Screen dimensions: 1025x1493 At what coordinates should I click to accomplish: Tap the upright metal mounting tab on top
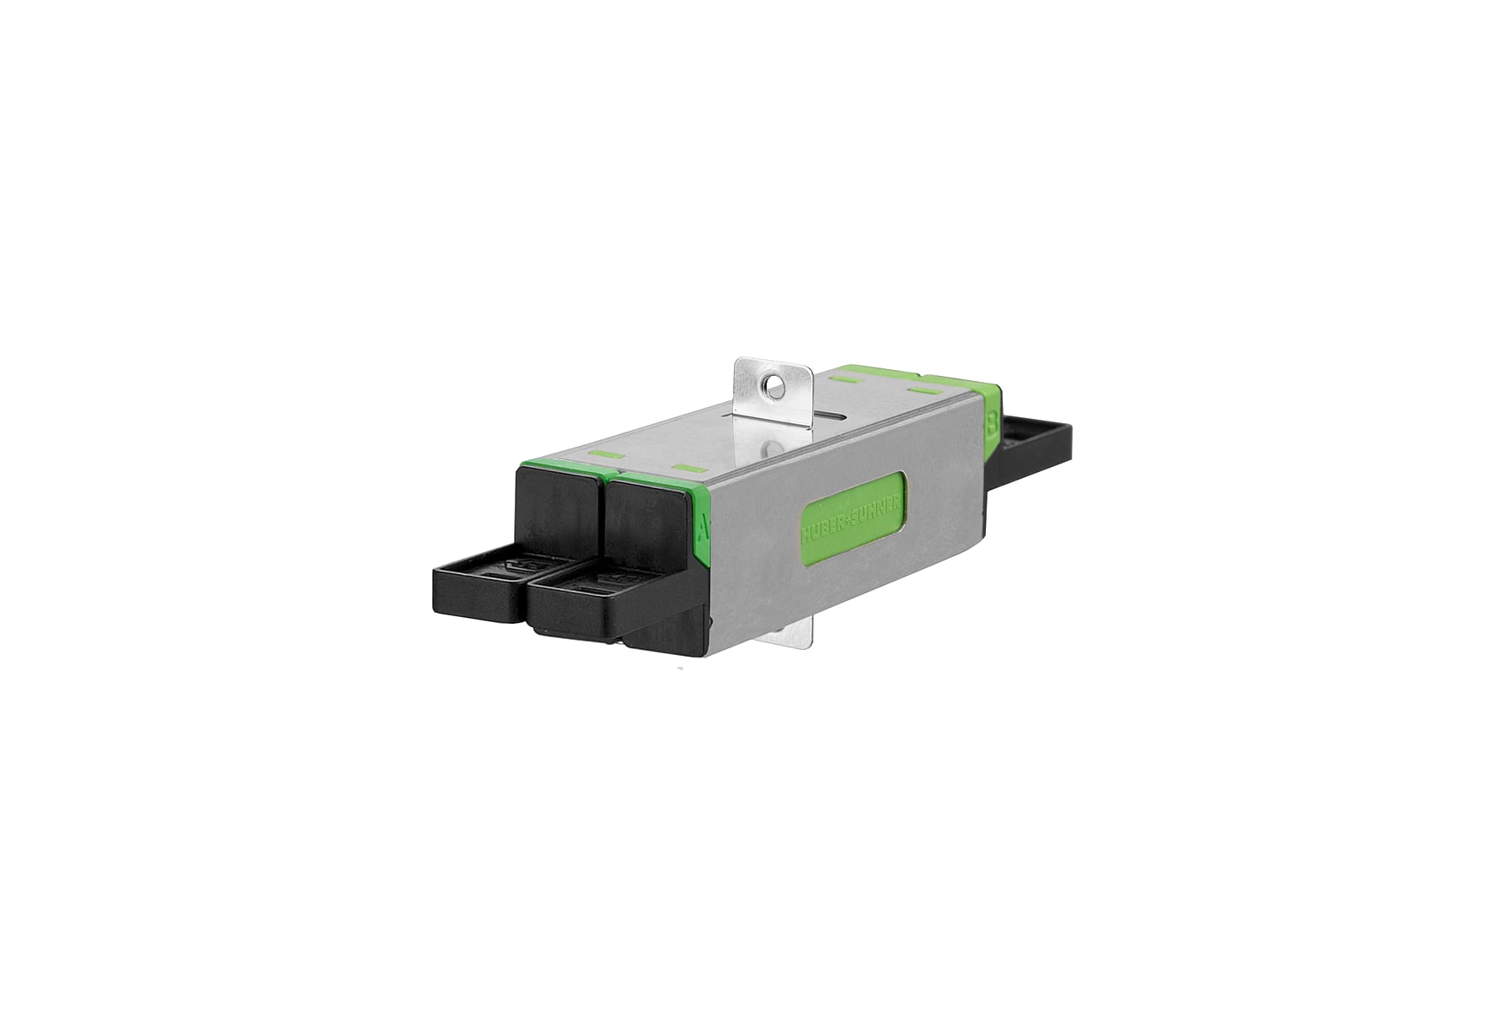click(770, 389)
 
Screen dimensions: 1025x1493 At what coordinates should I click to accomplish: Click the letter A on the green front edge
click(704, 528)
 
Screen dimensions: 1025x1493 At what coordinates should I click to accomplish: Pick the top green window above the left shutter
click(607, 455)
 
